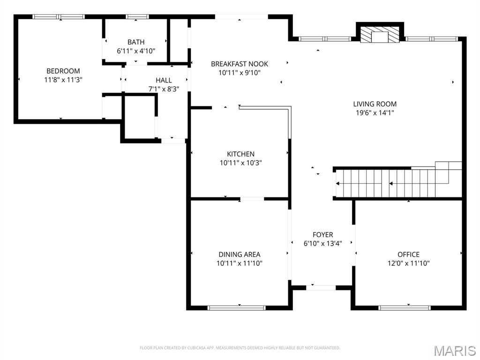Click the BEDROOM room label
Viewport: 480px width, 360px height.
coord(63,71)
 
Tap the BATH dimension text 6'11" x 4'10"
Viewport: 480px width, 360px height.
coord(136,51)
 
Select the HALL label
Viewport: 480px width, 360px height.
coord(164,80)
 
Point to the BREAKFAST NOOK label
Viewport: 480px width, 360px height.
coord(240,64)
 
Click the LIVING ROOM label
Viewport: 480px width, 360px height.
coord(375,104)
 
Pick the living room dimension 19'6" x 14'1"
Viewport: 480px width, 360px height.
coord(375,112)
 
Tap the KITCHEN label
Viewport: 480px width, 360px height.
coord(240,154)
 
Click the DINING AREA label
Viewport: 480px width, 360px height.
coord(240,255)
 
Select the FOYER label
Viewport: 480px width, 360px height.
coord(322,235)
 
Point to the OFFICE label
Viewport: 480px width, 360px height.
coord(408,255)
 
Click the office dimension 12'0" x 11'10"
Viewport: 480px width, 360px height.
coord(408,263)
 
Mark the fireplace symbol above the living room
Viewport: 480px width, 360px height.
coord(380,35)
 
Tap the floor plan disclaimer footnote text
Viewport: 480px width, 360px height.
coord(240,348)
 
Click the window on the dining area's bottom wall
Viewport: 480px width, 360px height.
coord(236,307)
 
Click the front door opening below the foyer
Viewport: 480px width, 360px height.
coord(321,288)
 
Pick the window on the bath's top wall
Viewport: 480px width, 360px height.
coord(137,16)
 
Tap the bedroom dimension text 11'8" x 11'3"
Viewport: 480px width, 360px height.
coord(63,80)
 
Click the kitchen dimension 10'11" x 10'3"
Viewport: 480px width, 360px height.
coord(240,163)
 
